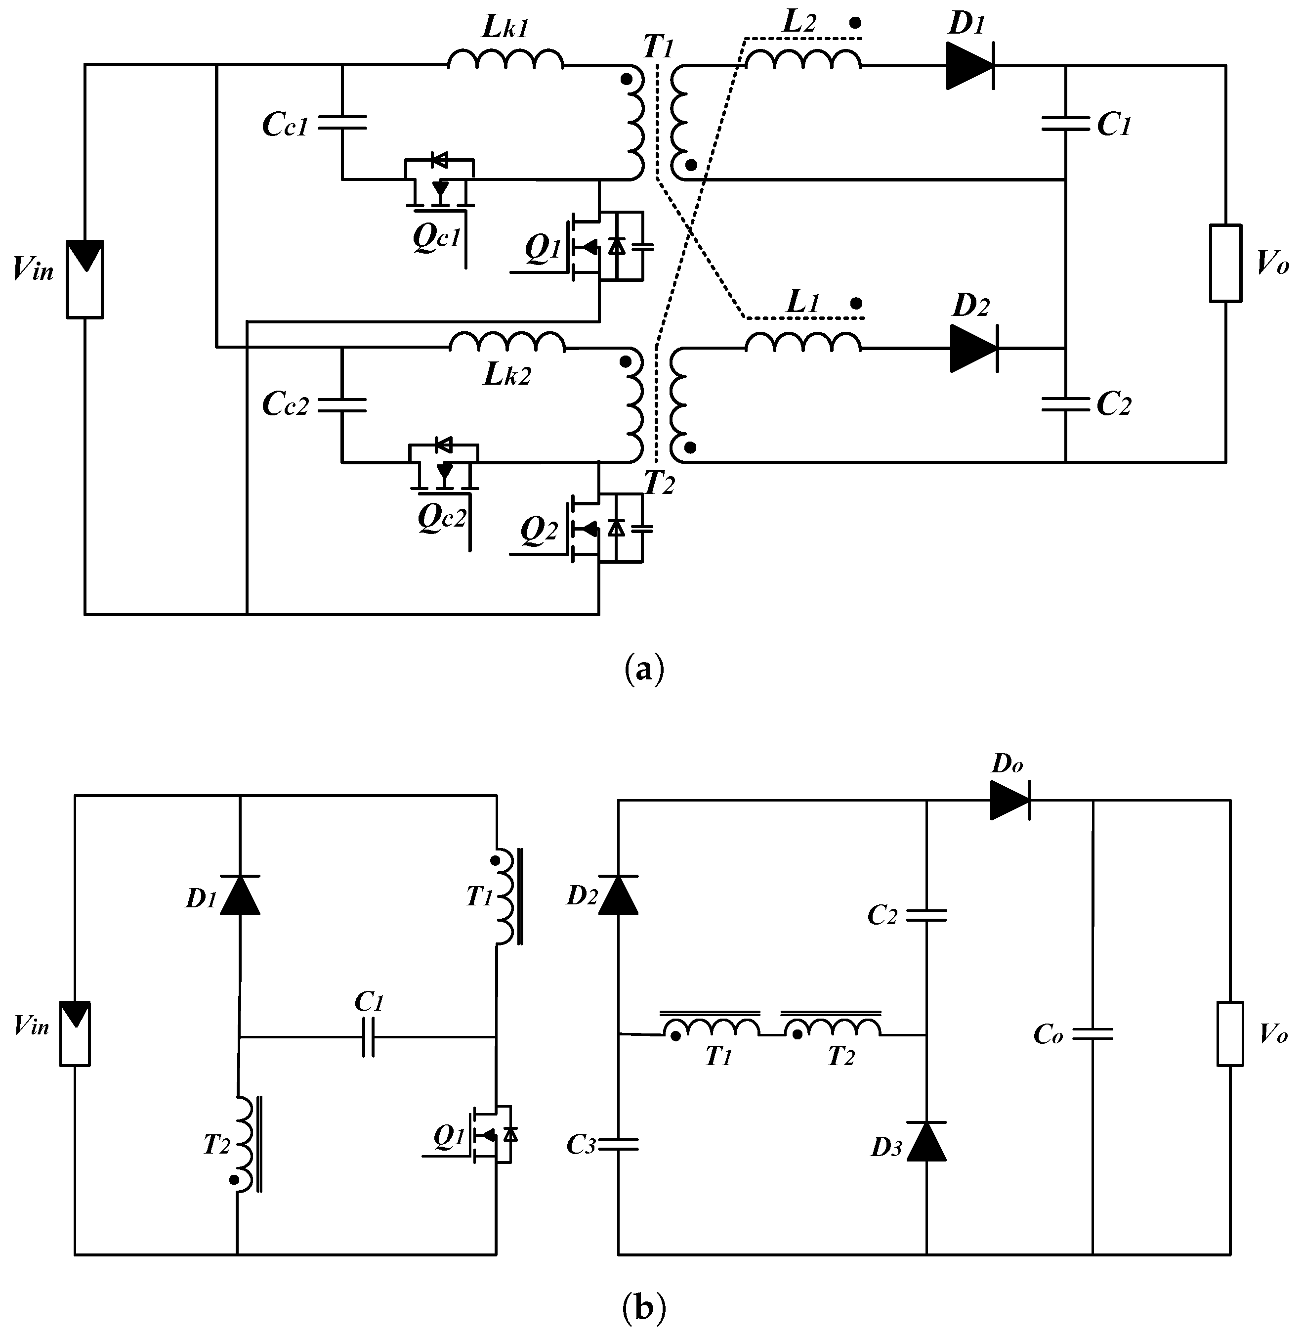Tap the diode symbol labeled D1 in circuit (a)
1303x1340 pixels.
pos(970,66)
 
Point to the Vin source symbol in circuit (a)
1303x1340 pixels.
pos(85,279)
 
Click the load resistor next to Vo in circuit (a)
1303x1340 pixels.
pos(1225,263)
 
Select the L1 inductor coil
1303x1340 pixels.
pos(803,342)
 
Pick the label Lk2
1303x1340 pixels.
pos(506,374)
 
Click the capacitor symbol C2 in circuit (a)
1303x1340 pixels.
pos(1065,404)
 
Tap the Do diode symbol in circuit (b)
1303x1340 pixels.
pos(1010,800)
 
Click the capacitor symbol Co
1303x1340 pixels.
pos(1092,1034)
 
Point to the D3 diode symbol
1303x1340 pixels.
pos(926,1141)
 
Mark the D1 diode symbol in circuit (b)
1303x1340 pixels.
pos(240,895)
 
